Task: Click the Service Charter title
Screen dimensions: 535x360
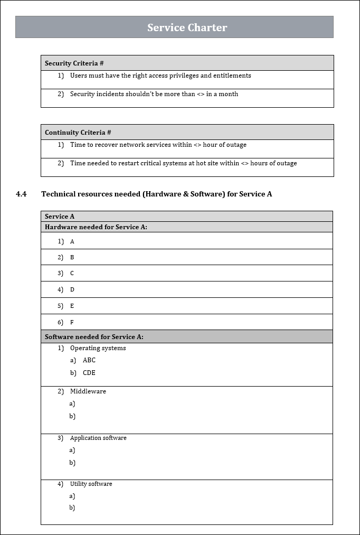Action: (x=187, y=27)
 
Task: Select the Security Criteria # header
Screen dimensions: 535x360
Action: (x=74, y=63)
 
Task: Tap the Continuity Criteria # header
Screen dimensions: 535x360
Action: (x=78, y=133)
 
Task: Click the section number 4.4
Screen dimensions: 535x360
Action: (x=21, y=194)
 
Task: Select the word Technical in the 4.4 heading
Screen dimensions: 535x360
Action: (x=60, y=194)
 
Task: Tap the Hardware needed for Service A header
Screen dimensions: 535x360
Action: (x=96, y=227)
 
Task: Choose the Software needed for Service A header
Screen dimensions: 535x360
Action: (x=94, y=336)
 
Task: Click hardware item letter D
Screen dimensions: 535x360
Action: (x=72, y=289)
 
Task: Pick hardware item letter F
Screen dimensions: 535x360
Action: (x=72, y=322)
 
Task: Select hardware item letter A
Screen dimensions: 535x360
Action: (x=72, y=241)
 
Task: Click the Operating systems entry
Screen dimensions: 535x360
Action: (x=98, y=348)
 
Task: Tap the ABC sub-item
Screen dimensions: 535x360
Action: (x=89, y=360)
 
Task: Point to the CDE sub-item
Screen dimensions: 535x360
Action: (x=89, y=373)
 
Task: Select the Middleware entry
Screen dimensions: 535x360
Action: (x=88, y=391)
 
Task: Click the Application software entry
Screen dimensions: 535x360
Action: (x=98, y=438)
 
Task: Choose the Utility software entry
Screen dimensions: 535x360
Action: (x=91, y=484)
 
